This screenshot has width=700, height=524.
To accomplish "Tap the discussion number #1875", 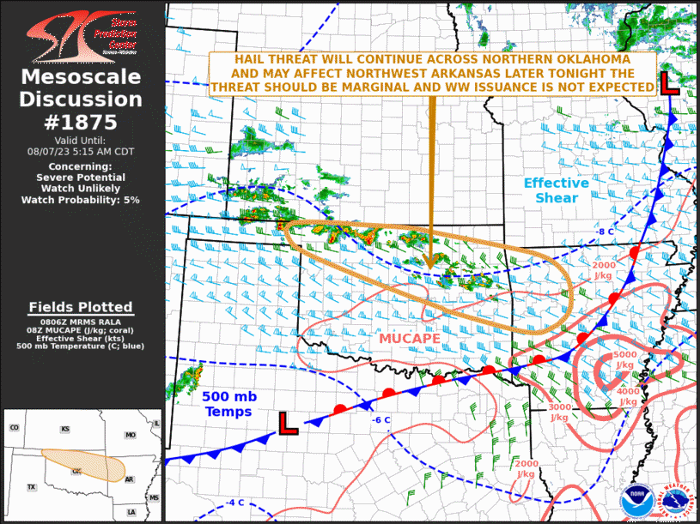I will (x=81, y=122).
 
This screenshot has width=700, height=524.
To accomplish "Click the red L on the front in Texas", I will (x=288, y=423).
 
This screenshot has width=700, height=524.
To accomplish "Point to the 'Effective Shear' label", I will (x=557, y=190).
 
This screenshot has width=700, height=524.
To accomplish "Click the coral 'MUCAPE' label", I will (x=410, y=339).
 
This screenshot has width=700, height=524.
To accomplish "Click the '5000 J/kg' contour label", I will (x=624, y=360).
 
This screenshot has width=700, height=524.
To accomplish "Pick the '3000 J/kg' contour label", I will (x=559, y=413).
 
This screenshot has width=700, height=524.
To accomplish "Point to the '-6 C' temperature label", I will (x=381, y=419).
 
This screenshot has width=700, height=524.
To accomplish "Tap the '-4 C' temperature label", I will (x=234, y=503).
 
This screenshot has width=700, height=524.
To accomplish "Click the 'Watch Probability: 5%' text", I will (x=81, y=200).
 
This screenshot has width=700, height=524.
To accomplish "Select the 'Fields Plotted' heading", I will (x=81, y=307).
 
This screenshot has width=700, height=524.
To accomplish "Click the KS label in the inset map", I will (x=64, y=429).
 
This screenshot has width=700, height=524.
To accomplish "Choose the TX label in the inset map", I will (x=32, y=486).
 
